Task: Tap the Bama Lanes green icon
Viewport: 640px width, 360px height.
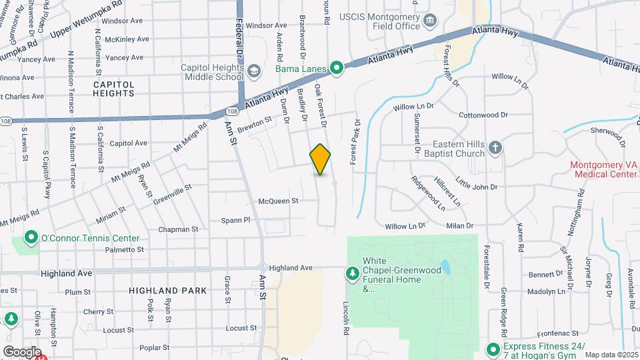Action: pos(337,67)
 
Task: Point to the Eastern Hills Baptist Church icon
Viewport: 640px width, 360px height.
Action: pos(495,148)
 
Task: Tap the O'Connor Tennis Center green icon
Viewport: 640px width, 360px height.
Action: pos(31,238)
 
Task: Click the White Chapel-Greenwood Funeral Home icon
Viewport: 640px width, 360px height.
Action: pos(352,273)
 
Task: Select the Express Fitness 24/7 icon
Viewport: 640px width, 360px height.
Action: pos(493,348)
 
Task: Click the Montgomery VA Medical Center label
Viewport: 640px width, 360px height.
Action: pos(603,170)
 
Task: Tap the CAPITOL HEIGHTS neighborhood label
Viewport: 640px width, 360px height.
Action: pos(113,89)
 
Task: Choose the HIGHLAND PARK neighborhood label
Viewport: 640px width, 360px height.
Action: pos(168,291)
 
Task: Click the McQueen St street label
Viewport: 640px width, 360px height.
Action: pos(278,201)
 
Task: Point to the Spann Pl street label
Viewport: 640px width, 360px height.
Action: pos(236,220)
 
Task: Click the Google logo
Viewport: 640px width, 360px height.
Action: pos(21,351)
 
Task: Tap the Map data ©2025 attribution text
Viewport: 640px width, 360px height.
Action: pos(611,355)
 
